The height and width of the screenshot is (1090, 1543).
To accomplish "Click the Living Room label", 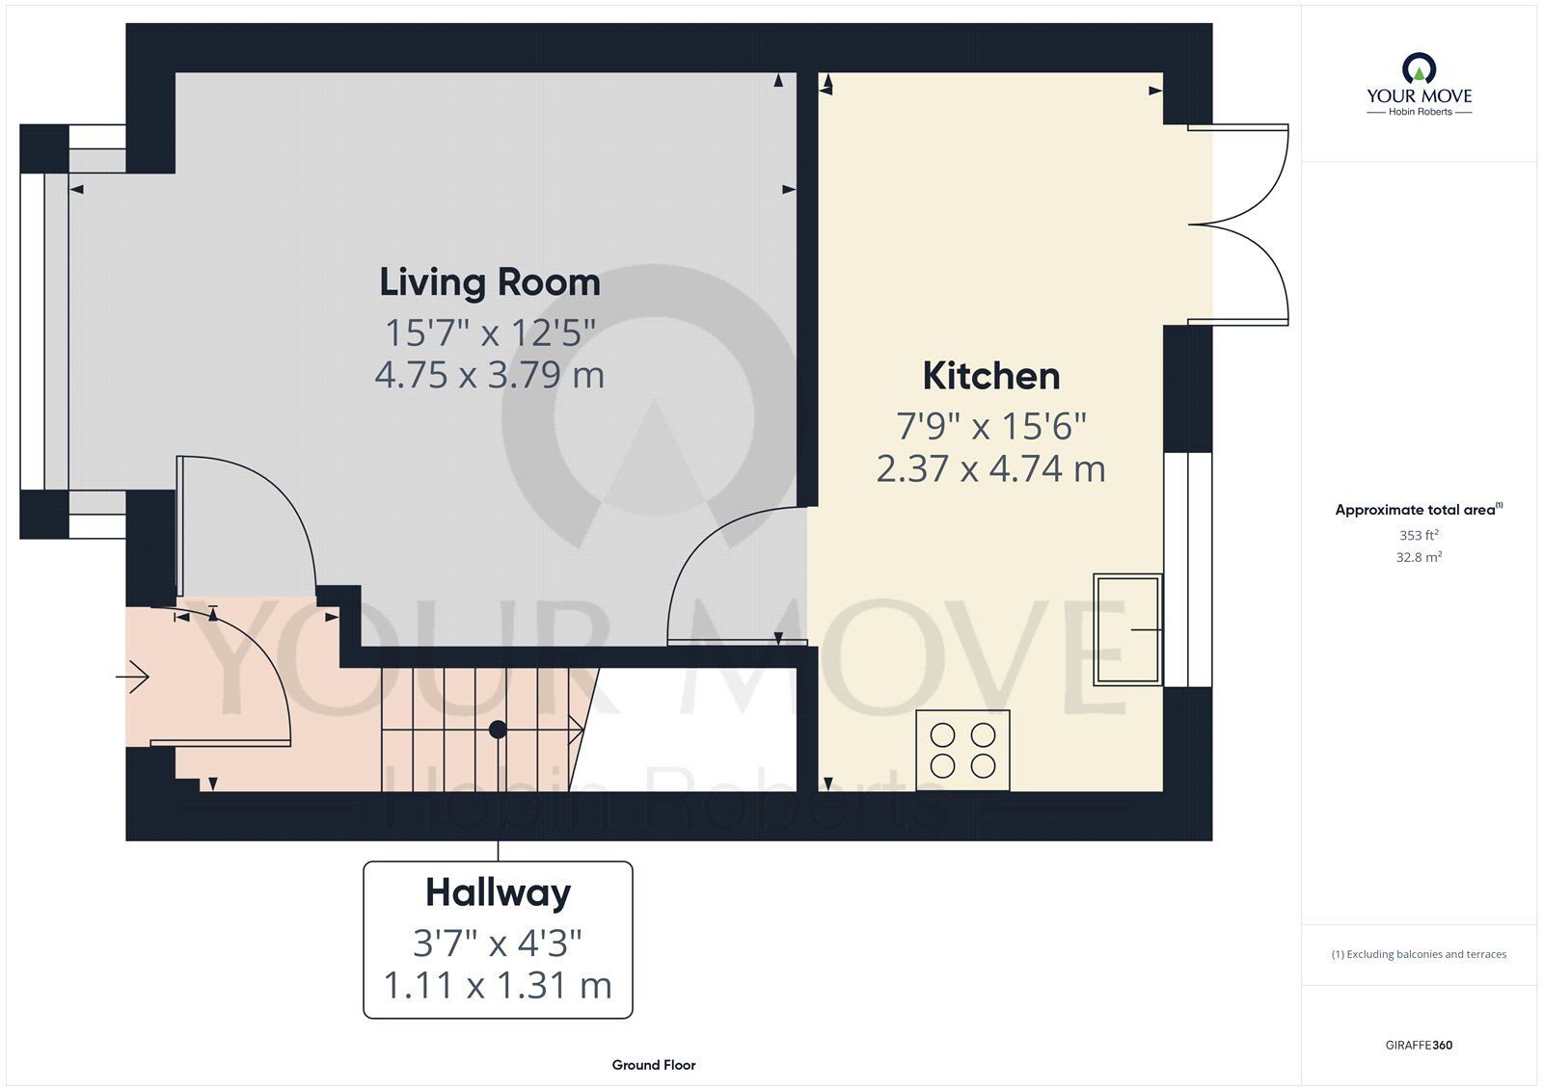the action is pos(490,282).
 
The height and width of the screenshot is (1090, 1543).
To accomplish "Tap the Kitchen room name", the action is pos(991,376).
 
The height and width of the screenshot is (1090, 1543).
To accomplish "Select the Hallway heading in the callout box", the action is pos(498,893).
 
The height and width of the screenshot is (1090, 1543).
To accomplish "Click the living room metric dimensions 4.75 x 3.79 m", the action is pos(490,375).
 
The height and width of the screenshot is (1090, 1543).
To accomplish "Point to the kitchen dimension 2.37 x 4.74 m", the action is pos(991,469).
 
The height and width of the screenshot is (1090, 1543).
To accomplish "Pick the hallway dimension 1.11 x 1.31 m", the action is pos(498,985).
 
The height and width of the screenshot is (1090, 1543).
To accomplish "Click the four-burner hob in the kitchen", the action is pos(962,751).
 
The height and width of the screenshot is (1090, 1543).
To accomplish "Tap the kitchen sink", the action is pos(1127,629).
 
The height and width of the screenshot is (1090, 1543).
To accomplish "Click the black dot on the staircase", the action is pos(498,730).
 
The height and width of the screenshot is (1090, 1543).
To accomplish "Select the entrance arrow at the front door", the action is pos(132,678).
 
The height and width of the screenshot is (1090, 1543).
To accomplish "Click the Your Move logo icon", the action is pos(1419,68).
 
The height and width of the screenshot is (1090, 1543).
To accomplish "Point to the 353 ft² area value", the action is pos(1419,534).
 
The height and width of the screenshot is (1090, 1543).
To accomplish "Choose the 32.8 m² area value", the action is pos(1419,557).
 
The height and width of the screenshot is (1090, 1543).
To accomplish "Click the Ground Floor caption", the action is pos(654,1065).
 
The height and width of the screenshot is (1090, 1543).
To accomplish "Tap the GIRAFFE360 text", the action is pos(1419,1046).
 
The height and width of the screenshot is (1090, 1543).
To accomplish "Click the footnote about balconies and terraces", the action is pos(1419,954).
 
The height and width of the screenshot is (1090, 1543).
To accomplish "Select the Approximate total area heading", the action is pos(1419,510).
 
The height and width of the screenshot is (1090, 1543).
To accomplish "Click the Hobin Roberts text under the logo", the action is pos(1420,112).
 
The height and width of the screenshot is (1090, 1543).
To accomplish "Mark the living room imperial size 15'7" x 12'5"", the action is pos(490,332).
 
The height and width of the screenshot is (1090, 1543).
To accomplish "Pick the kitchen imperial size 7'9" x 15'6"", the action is pos(991,426).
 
